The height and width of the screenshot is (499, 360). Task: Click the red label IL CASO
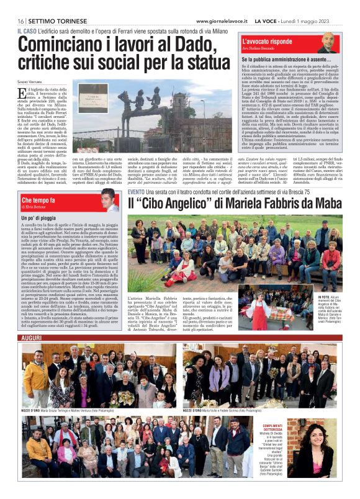point(27,31)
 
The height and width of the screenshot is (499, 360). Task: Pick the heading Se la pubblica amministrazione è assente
point(287,60)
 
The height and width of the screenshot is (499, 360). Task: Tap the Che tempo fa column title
point(38,200)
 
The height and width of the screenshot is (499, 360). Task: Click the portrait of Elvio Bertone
point(109,200)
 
